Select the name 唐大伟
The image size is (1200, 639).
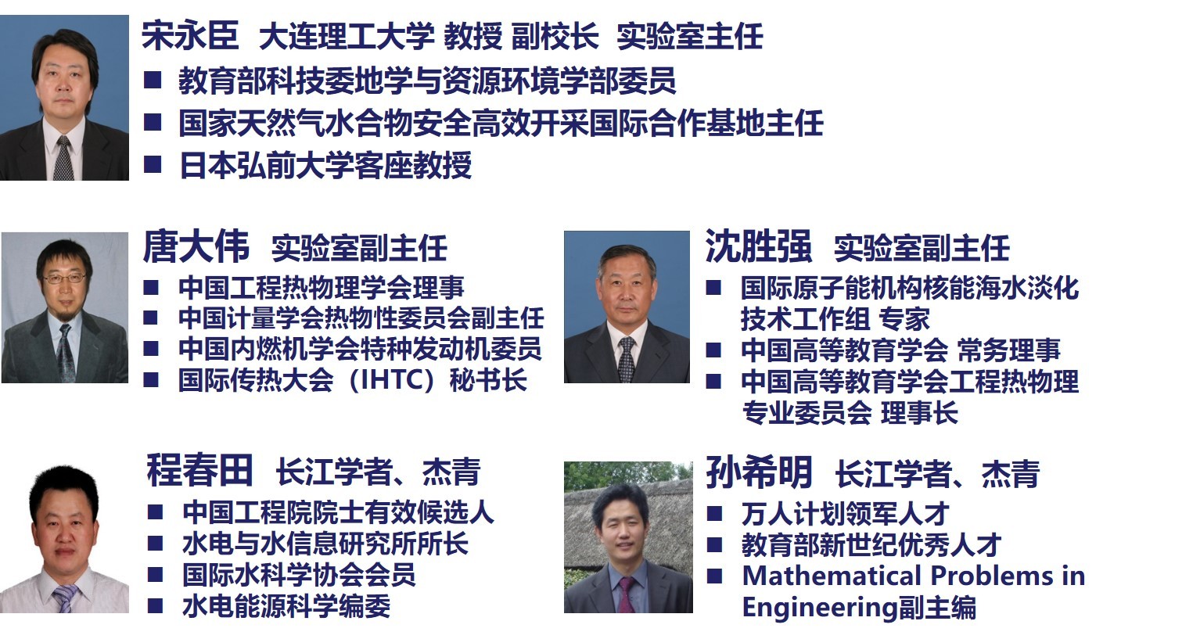(196, 247)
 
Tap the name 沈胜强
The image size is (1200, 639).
(757, 247)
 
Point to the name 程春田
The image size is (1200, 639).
(199, 471)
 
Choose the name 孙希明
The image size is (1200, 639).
(758, 472)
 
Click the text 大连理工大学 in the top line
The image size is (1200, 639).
(346, 37)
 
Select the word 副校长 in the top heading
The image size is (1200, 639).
(555, 37)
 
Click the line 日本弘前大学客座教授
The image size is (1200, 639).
(325, 166)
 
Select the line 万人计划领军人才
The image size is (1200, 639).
(845, 514)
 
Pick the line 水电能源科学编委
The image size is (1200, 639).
(286, 606)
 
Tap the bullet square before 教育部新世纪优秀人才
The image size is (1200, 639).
(714, 544)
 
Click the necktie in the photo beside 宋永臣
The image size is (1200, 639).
(63, 157)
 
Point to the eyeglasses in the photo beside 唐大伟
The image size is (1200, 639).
(64, 278)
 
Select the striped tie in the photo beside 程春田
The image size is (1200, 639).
(65, 598)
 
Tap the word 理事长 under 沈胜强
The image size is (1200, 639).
(919, 413)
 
